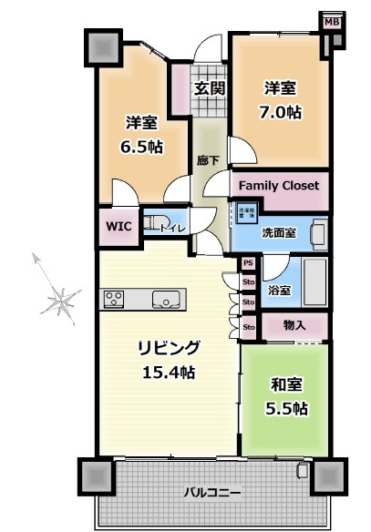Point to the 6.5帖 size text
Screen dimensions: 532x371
[143, 146]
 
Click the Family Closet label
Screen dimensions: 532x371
[278, 186]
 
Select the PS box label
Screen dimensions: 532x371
[248, 264]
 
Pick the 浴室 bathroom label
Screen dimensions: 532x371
[279, 292]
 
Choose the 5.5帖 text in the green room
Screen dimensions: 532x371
[286, 408]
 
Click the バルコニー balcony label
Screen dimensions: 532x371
[211, 493]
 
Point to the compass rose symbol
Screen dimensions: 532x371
[63, 299]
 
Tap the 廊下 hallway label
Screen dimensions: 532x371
[207, 159]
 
